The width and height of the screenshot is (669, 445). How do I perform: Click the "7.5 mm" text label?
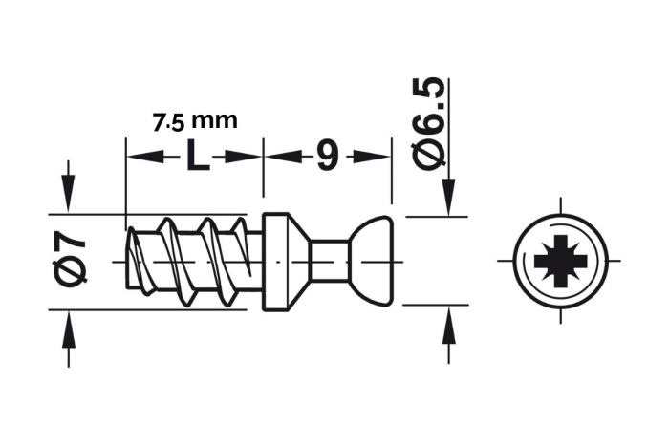coord(194,122)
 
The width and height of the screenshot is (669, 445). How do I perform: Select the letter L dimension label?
coord(196,156)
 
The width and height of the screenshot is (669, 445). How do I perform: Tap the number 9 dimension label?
coord(326,156)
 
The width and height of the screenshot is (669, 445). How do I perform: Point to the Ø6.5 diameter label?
coord(432,124)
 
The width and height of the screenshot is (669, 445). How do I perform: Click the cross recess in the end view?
coord(559,259)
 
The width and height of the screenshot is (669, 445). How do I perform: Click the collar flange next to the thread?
coord(276,259)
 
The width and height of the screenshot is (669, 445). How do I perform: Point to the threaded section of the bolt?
coord(191,260)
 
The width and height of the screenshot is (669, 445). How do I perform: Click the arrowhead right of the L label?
coord(248,157)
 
